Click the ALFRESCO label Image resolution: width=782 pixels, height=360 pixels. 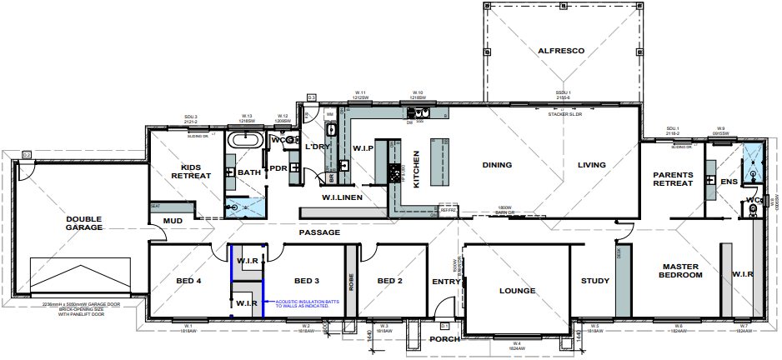point(561,51)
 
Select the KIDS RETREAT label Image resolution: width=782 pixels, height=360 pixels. point(191,171)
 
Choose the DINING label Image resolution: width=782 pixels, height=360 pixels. point(497,165)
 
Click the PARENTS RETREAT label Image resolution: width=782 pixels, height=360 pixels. point(672,178)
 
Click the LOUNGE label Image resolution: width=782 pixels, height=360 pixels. point(516,292)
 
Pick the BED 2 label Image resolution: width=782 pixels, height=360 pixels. point(390,281)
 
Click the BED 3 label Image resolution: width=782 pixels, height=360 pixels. point(306,281)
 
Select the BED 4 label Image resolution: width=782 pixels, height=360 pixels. point(188,281)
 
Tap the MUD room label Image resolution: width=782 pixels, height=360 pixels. point(173,221)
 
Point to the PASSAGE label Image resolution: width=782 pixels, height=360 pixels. point(320,232)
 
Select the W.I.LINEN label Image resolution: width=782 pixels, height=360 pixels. point(343,197)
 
